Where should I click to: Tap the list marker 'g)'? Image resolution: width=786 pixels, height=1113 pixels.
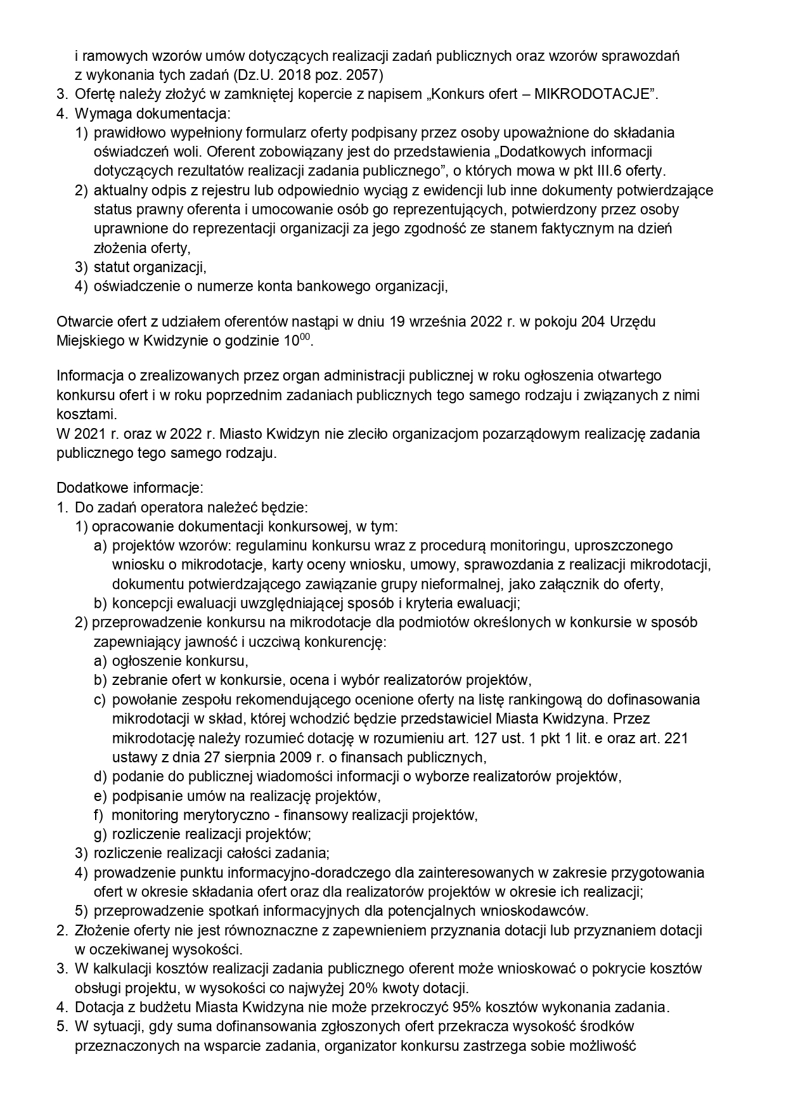(100, 834)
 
